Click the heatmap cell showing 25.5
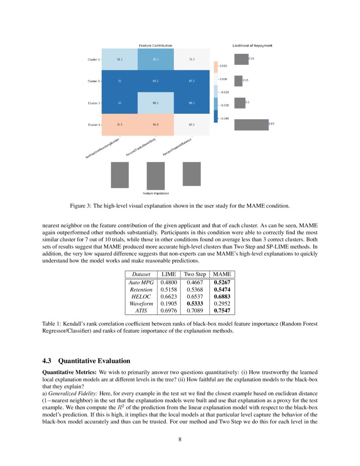pos(120,125)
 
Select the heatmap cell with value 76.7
pos(191,60)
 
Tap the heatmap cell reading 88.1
pos(155,103)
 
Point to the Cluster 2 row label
pos(93,81)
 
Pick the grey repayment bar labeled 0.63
pos(251,125)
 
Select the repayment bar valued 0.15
pos(238,80)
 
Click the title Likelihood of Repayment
pos(252,45)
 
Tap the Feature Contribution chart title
pos(155,45)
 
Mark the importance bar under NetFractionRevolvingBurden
pos(119,175)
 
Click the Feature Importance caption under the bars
pos(155,194)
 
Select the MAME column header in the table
pos(222,275)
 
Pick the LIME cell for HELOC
pos(168,297)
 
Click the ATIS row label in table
pos(141,311)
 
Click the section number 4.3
pos(47,361)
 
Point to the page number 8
pos(180,439)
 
